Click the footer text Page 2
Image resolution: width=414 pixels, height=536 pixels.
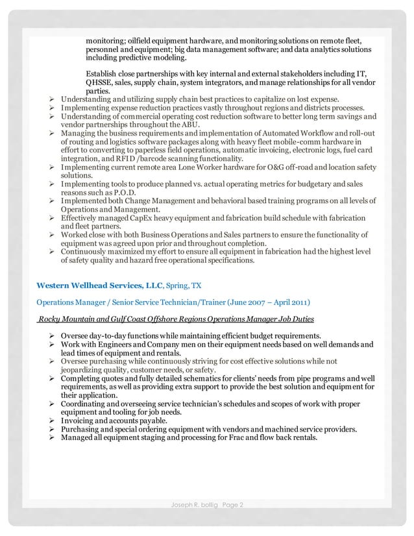click(231, 506)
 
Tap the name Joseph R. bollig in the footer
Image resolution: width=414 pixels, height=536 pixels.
click(191, 506)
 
